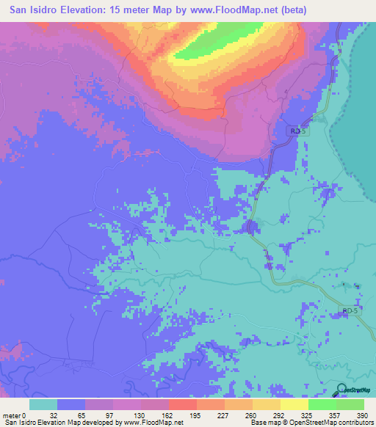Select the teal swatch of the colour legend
click(x=43, y=404)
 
